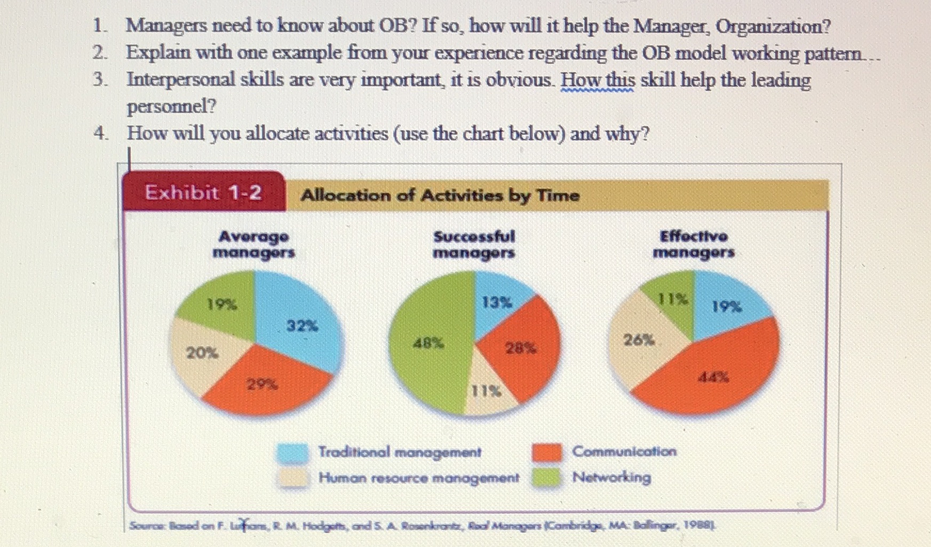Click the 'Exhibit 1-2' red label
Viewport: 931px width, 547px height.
pyautogui.click(x=203, y=192)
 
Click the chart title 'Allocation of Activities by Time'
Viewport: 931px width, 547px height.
pyautogui.click(x=440, y=195)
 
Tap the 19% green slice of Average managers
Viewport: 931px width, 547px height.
pyautogui.click(x=222, y=304)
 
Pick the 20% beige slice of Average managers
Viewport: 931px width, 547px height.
pyautogui.click(x=202, y=352)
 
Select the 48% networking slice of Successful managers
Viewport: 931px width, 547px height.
pyautogui.click(x=428, y=343)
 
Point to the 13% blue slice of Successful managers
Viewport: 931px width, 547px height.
pyautogui.click(x=497, y=303)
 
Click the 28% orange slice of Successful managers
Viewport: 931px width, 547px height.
pyautogui.click(x=521, y=348)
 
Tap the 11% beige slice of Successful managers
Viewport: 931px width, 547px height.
pyautogui.click(x=487, y=391)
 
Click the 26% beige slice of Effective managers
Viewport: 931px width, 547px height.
pyautogui.click(x=639, y=340)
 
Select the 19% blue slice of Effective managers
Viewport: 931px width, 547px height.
pyautogui.click(x=727, y=307)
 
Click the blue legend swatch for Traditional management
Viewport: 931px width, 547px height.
pyautogui.click(x=293, y=453)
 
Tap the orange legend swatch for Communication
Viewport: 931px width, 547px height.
pyautogui.click(x=547, y=452)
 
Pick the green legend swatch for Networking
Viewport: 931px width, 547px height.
pyautogui.click(x=547, y=477)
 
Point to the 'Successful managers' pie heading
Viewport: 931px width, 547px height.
pyautogui.click(x=474, y=244)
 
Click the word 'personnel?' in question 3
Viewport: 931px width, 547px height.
pyautogui.click(x=171, y=106)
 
